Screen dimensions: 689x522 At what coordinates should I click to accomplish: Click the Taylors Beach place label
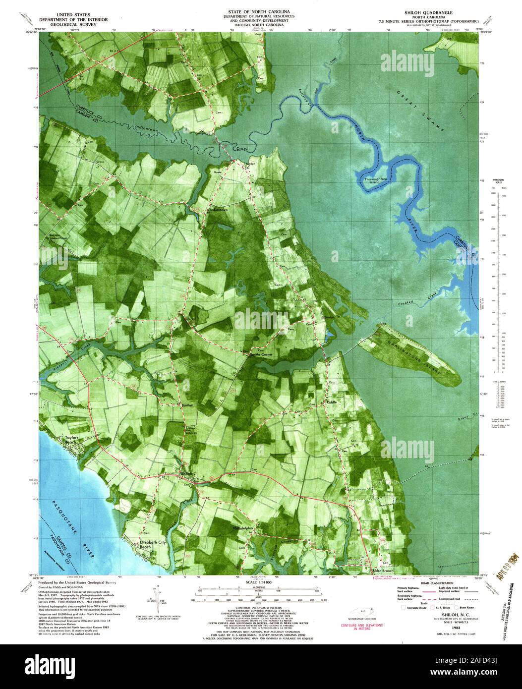click(72, 440)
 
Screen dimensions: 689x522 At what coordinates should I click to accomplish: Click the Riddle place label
click(331, 402)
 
